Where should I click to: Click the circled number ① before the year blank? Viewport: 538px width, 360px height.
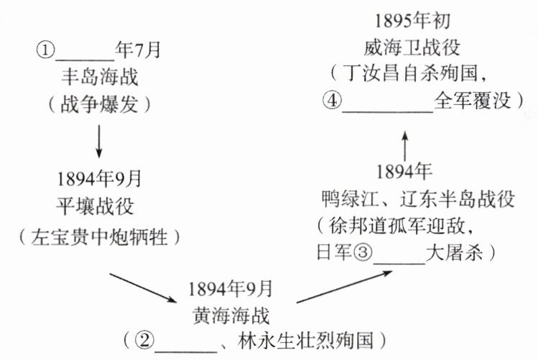tap(45, 52)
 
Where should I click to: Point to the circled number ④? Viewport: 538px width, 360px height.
tap(331, 99)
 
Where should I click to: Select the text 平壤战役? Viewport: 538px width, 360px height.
tap(98, 206)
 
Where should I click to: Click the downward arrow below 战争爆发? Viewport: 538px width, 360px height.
tap(98, 142)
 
